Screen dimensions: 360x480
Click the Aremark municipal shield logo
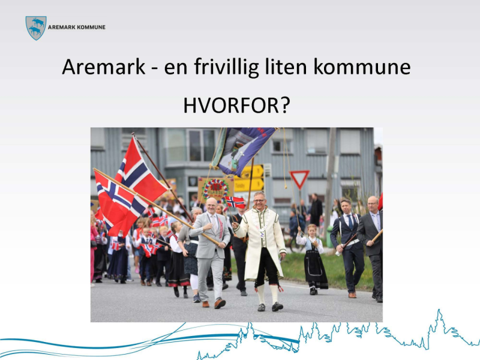pos(36,28)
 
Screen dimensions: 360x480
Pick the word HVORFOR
pos(229,106)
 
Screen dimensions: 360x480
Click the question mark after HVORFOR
pos(284,106)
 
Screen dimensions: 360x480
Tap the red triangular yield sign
pos(299,178)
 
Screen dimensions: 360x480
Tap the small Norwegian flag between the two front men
pos(235,202)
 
